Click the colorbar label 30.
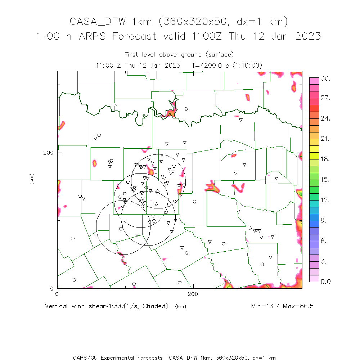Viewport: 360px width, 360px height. click(x=325, y=78)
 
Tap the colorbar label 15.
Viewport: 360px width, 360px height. click(x=325, y=180)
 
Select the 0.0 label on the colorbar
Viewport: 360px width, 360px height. click(x=325, y=282)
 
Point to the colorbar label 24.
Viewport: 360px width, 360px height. click(x=325, y=119)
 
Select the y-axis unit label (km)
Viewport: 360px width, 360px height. click(x=32, y=179)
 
